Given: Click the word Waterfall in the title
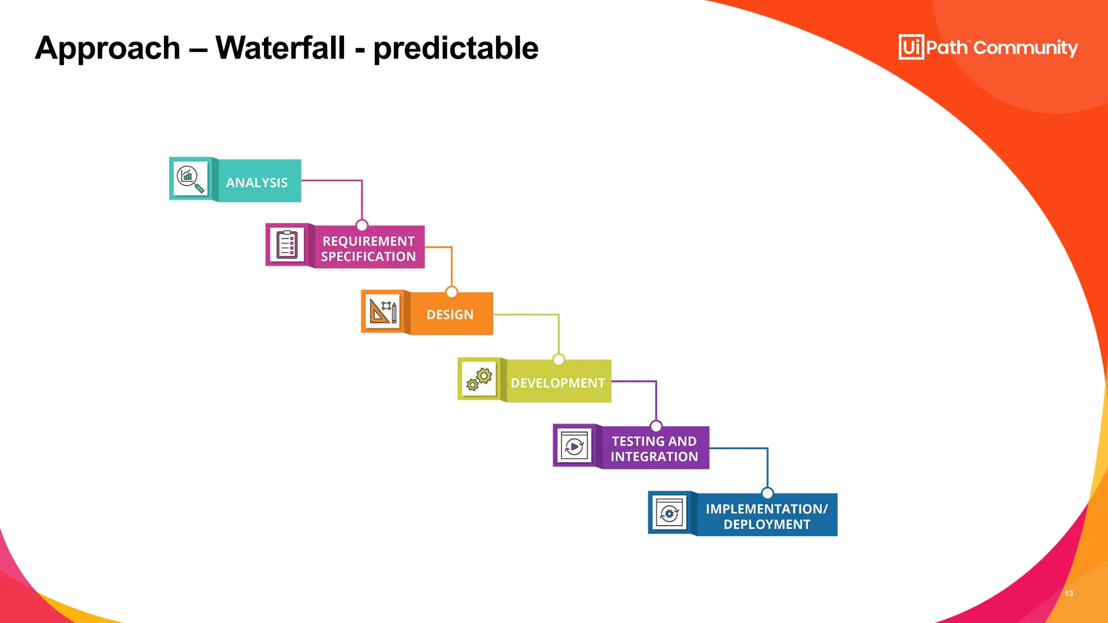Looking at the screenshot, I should pyautogui.click(x=280, y=48).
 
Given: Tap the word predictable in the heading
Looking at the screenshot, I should pyautogui.click(x=456, y=49).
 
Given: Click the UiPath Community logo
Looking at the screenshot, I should pyautogui.click(x=988, y=48).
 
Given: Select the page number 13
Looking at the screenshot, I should pyautogui.click(x=1069, y=593).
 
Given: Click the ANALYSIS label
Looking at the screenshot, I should pyautogui.click(x=257, y=183).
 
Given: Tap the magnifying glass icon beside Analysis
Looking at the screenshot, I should pyautogui.click(x=190, y=179).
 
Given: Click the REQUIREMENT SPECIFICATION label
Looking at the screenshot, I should pyautogui.click(x=368, y=249).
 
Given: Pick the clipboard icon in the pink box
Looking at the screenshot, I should pyautogui.click(x=287, y=245).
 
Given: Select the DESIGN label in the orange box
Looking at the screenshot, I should pyautogui.click(x=450, y=315).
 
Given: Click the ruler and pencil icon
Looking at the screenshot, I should pyautogui.click(x=382, y=311).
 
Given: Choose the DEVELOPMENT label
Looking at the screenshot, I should pyautogui.click(x=558, y=383).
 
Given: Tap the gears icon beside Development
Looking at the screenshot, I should pyautogui.click(x=479, y=379).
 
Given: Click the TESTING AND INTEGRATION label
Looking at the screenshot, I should pyautogui.click(x=654, y=449).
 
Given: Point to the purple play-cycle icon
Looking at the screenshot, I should pyautogui.click(x=574, y=446).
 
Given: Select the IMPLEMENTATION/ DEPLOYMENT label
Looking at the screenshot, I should pyautogui.click(x=767, y=516).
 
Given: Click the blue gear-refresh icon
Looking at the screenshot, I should pyautogui.click(x=670, y=513).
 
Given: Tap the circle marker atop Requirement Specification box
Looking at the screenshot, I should pyautogui.click(x=362, y=225).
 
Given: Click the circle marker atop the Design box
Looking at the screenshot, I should pyautogui.click(x=452, y=292).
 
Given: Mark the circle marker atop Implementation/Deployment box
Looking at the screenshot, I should pyautogui.click(x=767, y=493).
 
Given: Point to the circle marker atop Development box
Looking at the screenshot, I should pyautogui.click(x=559, y=359).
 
